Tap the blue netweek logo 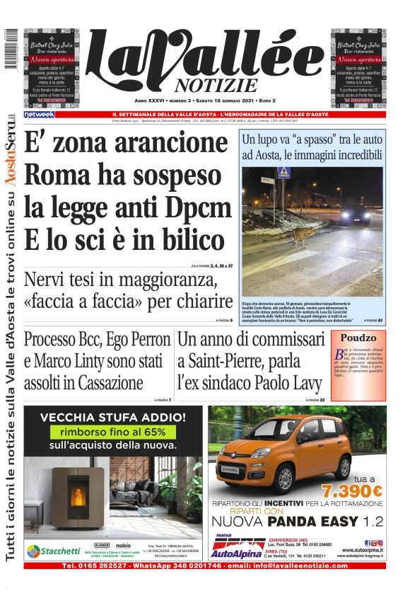tap(39, 114)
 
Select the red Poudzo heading tap(358, 338)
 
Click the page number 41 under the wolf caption tap(380, 321)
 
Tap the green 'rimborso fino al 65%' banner tap(113, 431)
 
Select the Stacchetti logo tap(54, 551)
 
